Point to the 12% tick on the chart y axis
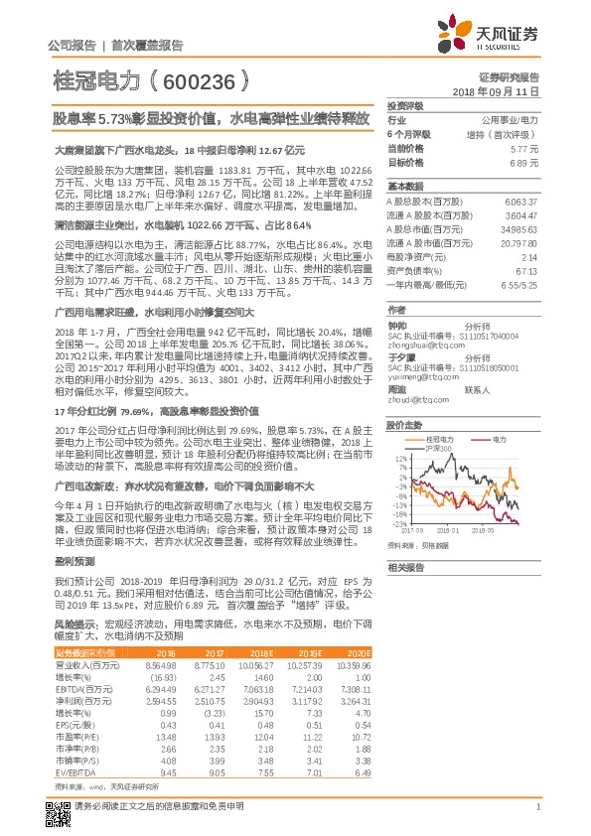click(x=399, y=430)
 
